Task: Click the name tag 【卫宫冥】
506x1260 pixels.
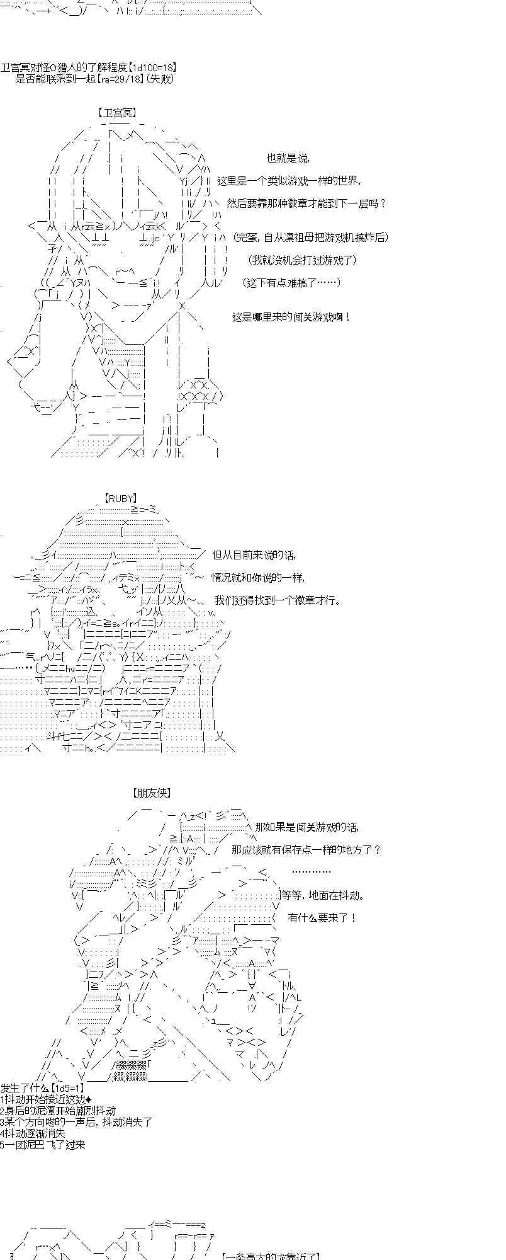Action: pos(117,113)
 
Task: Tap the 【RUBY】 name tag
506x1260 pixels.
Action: pos(121,498)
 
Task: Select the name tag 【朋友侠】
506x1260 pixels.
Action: pos(152,793)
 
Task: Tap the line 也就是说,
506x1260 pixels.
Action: pos(288,159)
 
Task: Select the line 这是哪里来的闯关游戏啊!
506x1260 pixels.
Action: pos(291,318)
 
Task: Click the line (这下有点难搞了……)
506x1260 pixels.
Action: pos(292,283)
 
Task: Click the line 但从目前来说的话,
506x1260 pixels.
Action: pos(254,555)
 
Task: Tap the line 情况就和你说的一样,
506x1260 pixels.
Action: pos(258,578)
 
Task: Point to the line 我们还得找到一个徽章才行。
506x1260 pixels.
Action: pos(277,600)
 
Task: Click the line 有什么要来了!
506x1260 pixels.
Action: pos(322,918)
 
